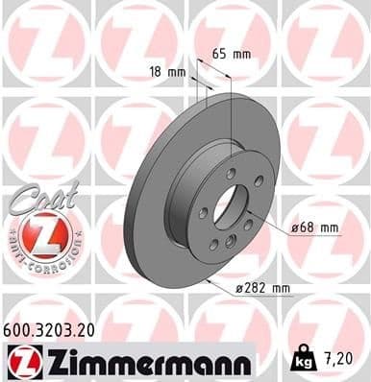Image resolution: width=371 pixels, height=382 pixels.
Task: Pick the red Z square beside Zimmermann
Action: (x=21, y=361)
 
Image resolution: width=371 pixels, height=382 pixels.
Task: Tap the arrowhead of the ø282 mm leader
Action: (x=208, y=279)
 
